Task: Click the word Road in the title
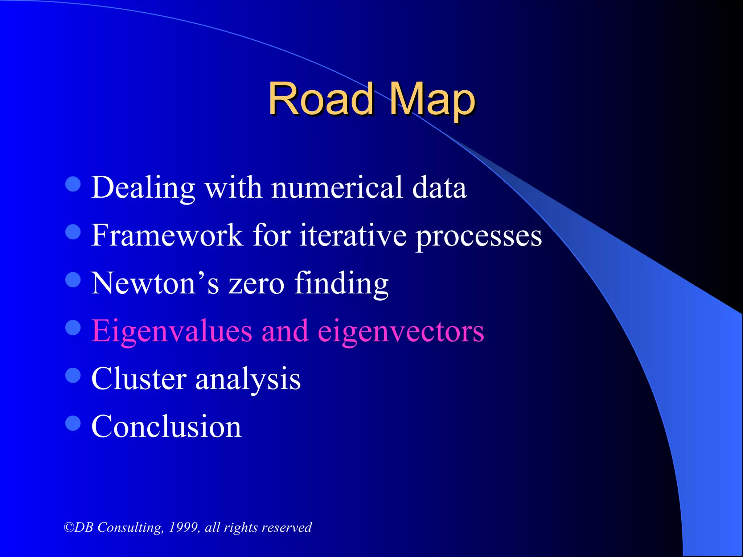click(x=321, y=99)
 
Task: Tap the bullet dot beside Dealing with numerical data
click(x=73, y=184)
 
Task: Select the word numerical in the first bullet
click(x=337, y=187)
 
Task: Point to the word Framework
click(x=167, y=235)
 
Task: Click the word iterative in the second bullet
click(x=353, y=235)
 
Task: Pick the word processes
click(x=479, y=238)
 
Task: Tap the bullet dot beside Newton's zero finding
click(x=73, y=280)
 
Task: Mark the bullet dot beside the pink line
click(x=73, y=328)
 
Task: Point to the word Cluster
click(x=139, y=379)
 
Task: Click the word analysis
click(x=248, y=380)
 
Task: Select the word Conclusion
click(x=167, y=426)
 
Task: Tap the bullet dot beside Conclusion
click(x=73, y=423)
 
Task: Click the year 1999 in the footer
click(x=184, y=527)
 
